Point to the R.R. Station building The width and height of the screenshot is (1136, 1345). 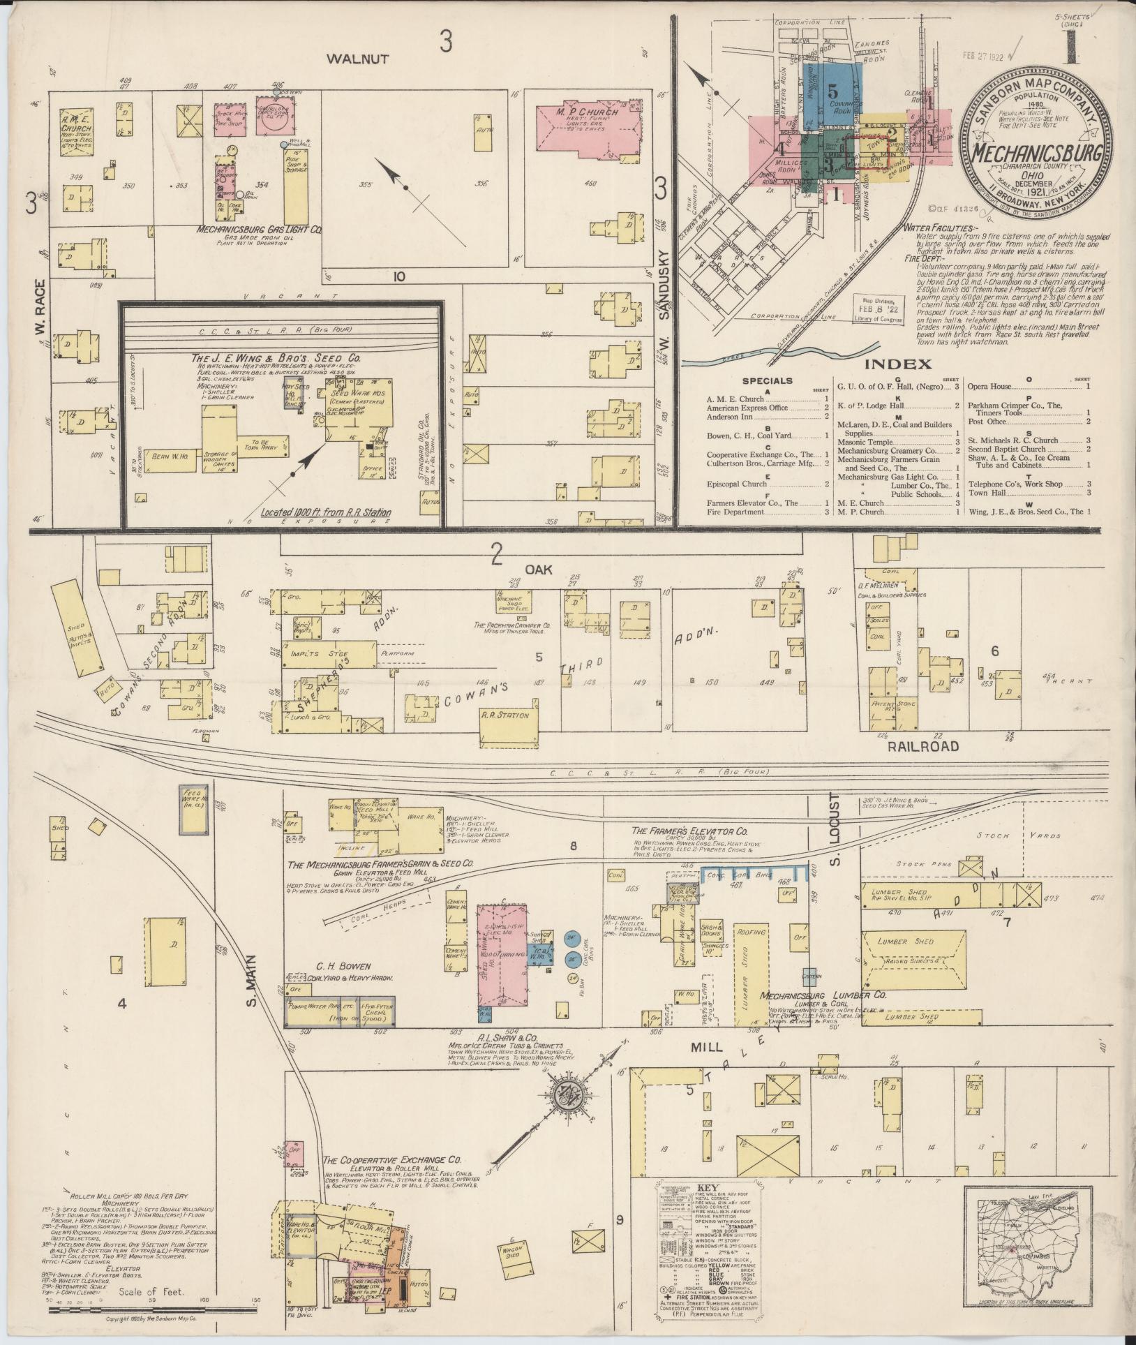pyautogui.click(x=505, y=715)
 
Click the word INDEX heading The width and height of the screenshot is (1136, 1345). pyautogui.click(x=898, y=364)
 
